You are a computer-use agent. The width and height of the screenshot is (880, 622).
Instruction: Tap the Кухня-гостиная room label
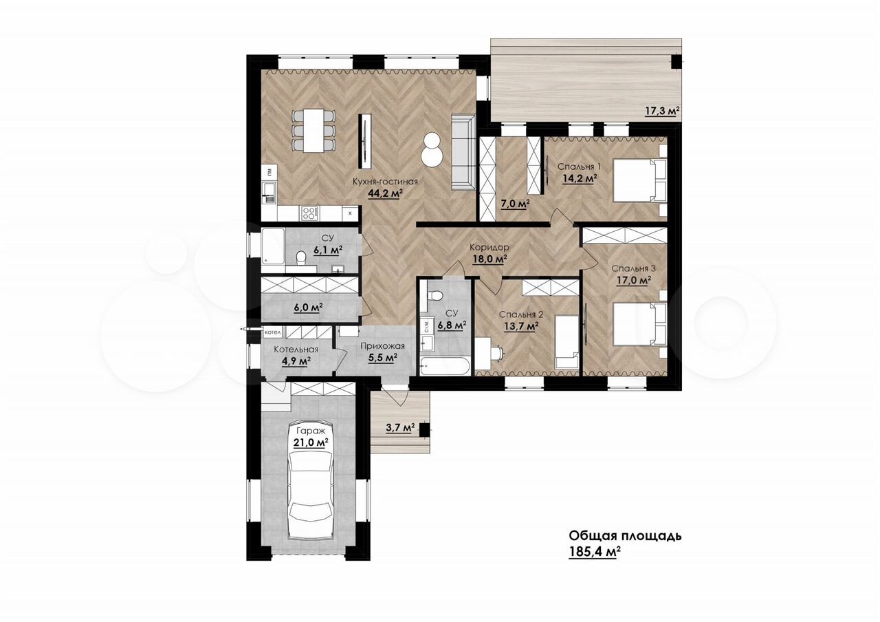click(x=385, y=181)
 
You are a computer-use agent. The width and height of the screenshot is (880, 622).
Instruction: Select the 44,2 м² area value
click(x=386, y=193)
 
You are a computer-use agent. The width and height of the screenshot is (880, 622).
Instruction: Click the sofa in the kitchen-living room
click(x=463, y=153)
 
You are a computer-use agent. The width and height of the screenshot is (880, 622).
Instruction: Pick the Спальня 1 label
click(x=579, y=167)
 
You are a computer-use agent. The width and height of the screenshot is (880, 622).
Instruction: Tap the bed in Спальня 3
click(x=639, y=323)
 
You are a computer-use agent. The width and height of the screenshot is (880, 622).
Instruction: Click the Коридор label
click(x=489, y=247)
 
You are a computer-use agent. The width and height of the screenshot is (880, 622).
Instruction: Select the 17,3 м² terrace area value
click(x=663, y=111)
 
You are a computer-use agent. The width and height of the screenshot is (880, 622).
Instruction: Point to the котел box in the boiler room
click(x=273, y=332)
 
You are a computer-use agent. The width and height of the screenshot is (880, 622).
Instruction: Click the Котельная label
click(x=296, y=349)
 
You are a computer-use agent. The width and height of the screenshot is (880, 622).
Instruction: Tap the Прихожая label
click(x=383, y=346)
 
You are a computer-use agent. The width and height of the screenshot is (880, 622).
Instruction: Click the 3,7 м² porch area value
click(x=401, y=428)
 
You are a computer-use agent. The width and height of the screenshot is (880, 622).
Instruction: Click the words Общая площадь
click(x=625, y=535)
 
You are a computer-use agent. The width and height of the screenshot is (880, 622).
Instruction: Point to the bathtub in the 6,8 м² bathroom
click(x=444, y=366)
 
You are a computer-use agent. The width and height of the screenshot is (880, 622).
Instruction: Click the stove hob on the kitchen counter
click(x=309, y=213)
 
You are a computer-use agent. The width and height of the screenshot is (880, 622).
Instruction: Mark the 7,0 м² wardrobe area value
click(x=515, y=204)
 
